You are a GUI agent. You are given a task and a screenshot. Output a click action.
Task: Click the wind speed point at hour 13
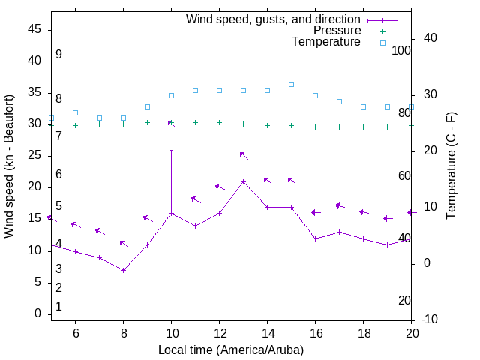[243, 181]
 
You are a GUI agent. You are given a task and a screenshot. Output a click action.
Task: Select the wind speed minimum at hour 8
[123, 270]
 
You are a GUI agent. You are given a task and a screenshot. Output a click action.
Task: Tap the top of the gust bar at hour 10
[171, 150]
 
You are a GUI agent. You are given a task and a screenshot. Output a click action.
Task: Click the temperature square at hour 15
[291, 84]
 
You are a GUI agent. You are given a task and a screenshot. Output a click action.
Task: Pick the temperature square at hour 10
[171, 95]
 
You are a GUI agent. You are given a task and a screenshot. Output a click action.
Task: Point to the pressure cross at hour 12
[219, 122]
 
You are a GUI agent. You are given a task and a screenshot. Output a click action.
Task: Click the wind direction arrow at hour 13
[243, 155]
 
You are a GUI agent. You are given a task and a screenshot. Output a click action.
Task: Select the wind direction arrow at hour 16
[316, 213]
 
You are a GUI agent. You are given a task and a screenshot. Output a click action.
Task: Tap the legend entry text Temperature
[326, 42]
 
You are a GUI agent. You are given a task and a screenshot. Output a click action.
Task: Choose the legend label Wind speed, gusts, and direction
[274, 19]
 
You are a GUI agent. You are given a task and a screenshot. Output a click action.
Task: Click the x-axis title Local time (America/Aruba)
[231, 349]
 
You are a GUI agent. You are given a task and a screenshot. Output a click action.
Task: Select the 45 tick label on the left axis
[33, 30]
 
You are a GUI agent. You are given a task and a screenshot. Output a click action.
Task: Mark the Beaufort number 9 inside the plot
[58, 55]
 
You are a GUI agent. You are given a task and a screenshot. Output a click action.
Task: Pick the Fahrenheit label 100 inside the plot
[401, 50]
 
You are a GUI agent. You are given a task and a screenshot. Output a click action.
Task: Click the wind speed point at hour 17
[339, 232]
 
